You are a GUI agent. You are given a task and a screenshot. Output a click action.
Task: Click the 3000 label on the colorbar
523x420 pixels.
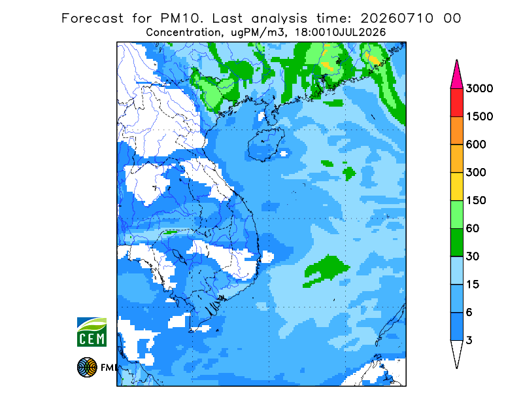(479, 88)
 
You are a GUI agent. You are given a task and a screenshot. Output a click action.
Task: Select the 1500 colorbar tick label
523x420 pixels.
(479, 116)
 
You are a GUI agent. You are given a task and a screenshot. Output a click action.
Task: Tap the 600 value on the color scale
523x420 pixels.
(476, 145)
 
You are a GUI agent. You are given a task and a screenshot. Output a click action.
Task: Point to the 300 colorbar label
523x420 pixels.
(476, 173)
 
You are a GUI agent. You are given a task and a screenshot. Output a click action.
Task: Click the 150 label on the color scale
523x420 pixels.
(476, 201)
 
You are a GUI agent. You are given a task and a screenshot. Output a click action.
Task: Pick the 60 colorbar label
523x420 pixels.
(473, 229)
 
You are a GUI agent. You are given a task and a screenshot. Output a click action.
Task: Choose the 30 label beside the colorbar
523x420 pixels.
(473, 256)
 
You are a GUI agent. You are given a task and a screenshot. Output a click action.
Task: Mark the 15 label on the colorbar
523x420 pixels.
(473, 285)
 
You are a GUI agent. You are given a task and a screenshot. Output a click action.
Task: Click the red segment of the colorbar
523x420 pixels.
(456, 103)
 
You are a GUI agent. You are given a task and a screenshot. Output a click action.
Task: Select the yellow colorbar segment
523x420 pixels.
(456, 186)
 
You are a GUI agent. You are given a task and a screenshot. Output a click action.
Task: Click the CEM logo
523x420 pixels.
(92, 332)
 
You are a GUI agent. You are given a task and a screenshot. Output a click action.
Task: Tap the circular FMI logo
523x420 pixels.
(87, 367)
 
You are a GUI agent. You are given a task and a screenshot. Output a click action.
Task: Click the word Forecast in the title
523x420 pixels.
(92, 18)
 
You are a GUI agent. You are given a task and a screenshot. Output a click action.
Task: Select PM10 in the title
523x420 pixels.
(181, 18)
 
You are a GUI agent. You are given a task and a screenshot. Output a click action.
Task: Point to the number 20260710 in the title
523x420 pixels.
(397, 18)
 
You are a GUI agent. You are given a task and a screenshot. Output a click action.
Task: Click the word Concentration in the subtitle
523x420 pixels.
(183, 33)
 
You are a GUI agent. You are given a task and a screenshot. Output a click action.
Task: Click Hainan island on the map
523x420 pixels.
(266, 144)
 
